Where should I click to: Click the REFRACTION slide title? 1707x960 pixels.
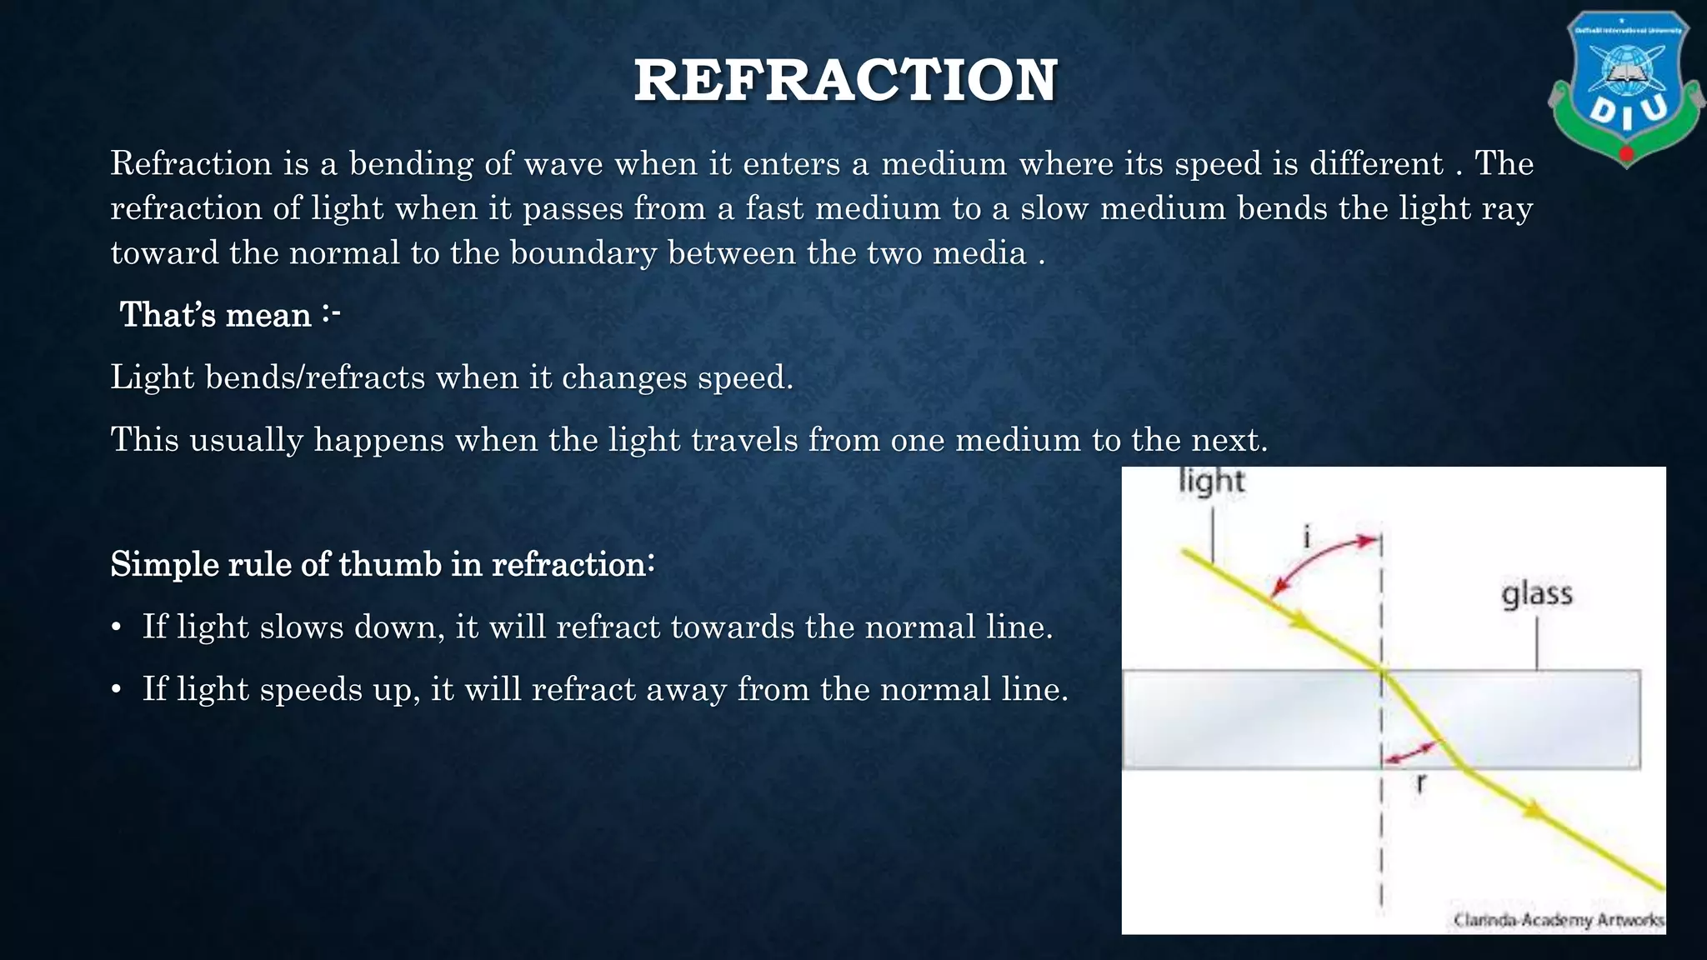(845, 81)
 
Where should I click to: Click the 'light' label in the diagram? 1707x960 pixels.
(1212, 482)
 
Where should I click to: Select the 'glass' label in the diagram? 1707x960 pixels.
(1537, 594)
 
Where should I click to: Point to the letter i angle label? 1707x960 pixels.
(1307, 537)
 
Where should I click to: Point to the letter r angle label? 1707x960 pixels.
(1421, 782)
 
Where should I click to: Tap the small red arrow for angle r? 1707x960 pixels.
(1408, 753)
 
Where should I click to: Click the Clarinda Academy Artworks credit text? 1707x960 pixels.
(1558, 920)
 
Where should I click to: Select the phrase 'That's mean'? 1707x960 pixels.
(216, 315)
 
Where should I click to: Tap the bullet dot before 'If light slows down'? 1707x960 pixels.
(117, 627)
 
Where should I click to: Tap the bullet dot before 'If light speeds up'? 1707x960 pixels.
(117, 690)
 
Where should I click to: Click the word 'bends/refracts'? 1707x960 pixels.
(315, 377)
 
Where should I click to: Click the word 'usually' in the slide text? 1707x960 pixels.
(247, 440)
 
